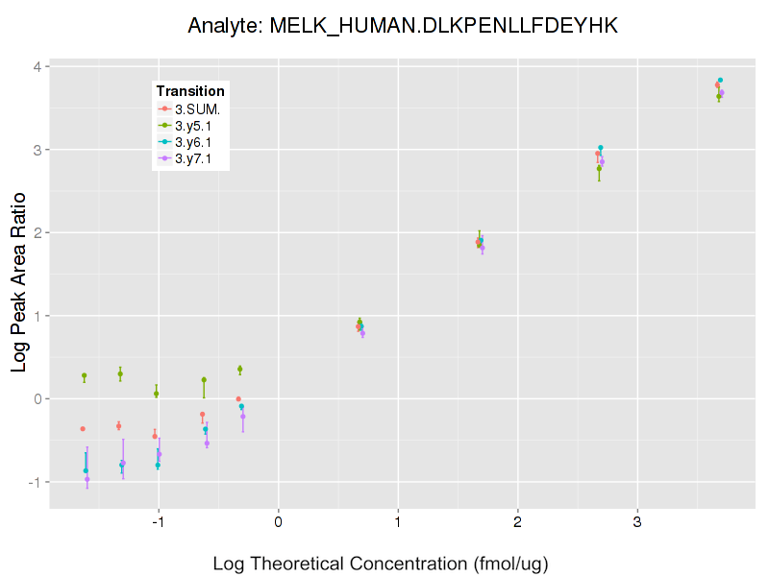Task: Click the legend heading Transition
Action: pyautogui.click(x=190, y=91)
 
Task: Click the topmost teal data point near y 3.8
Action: pyautogui.click(x=720, y=80)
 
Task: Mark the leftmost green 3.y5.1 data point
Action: pyautogui.click(x=85, y=375)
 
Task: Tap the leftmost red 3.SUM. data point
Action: pyautogui.click(x=83, y=428)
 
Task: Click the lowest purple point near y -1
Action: pyautogui.click(x=87, y=479)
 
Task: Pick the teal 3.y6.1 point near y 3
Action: pyautogui.click(x=601, y=148)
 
